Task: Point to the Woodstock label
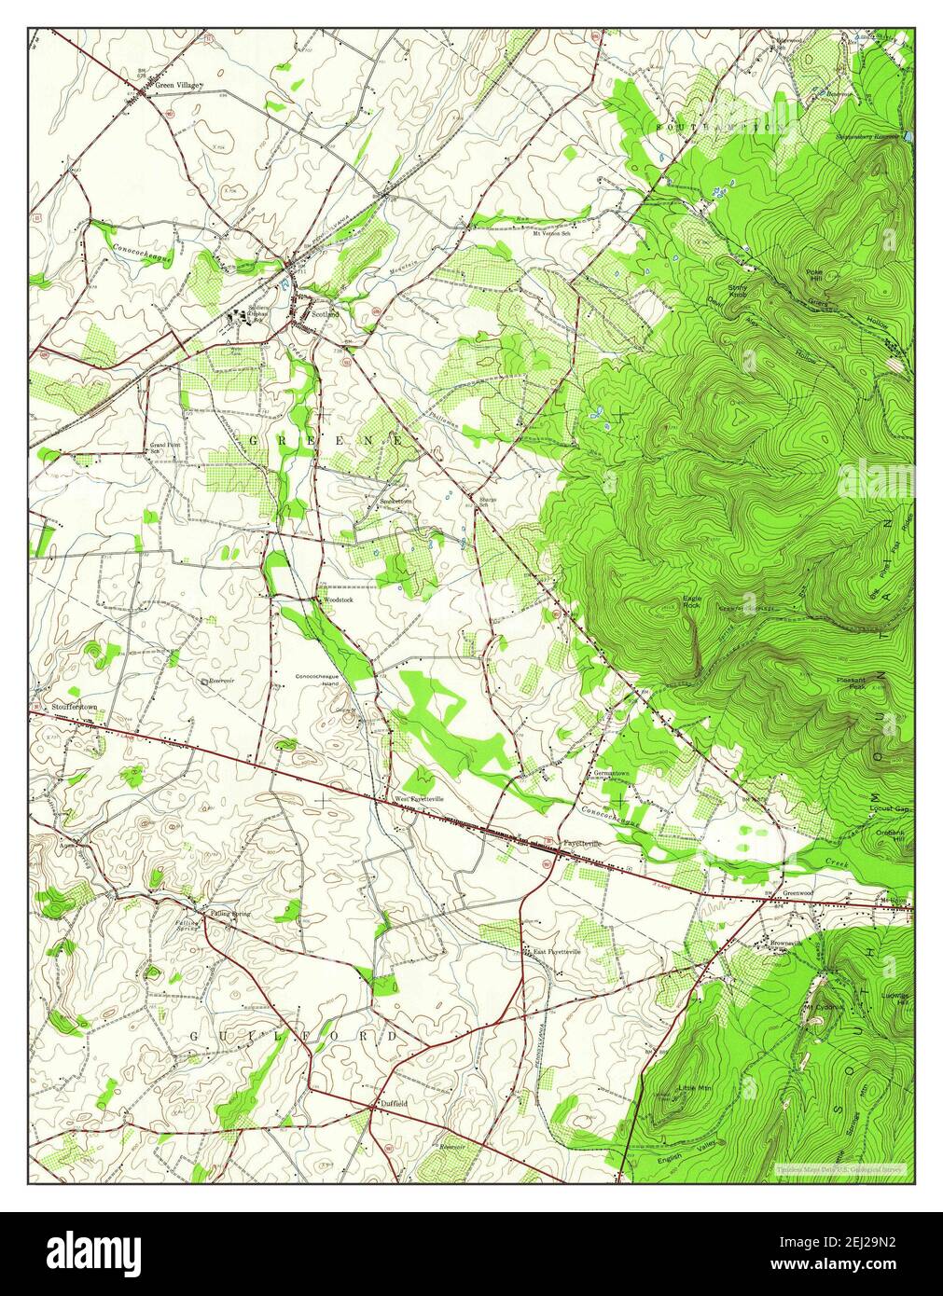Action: click(x=338, y=600)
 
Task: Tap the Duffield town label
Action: click(x=394, y=1103)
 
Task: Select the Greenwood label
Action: click(x=798, y=892)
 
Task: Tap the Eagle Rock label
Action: click(x=691, y=601)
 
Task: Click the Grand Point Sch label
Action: click(x=165, y=448)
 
